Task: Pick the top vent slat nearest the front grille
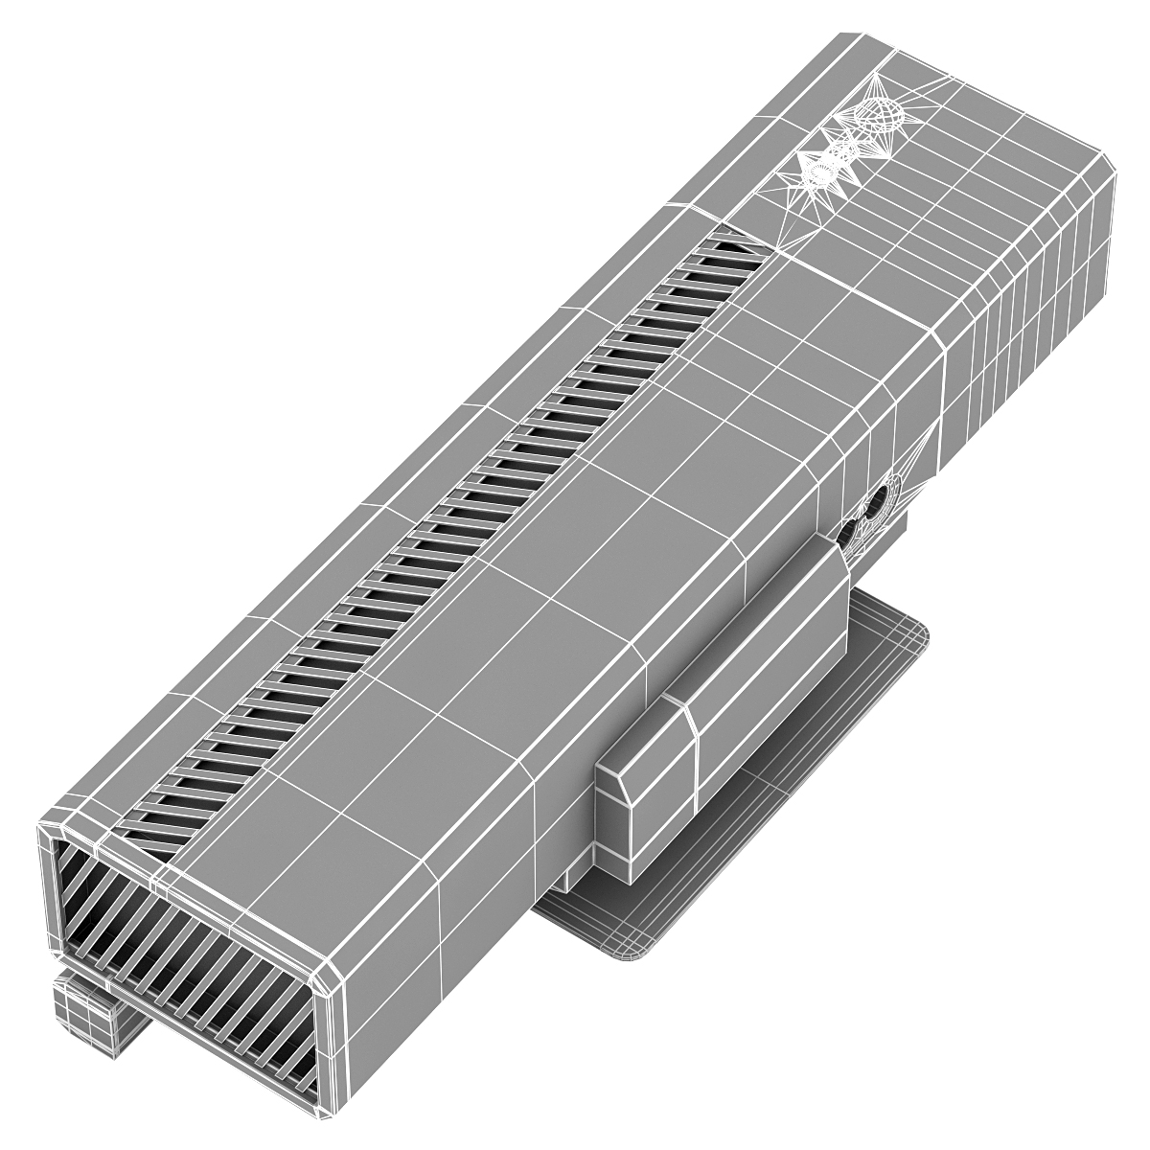pos(153,824)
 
